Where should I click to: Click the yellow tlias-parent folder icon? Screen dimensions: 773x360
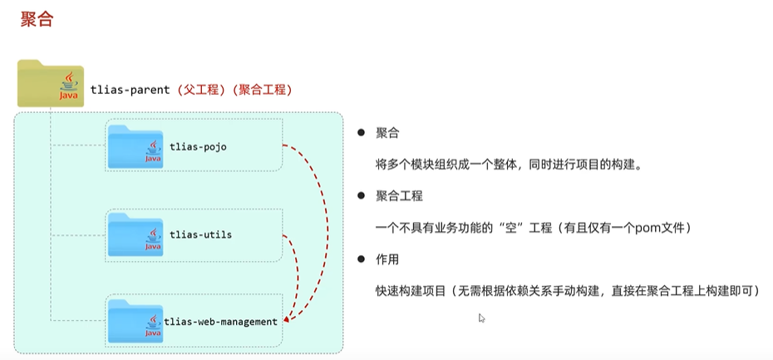pyautogui.click(x=50, y=83)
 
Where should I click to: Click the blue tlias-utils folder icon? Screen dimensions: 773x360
pyautogui.click(x=135, y=234)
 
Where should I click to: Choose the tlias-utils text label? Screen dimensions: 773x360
pyautogui.click(x=199, y=234)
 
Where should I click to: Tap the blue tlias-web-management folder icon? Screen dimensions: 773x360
pyautogui.click(x=135, y=319)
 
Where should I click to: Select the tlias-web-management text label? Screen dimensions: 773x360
pyautogui.click(x=220, y=321)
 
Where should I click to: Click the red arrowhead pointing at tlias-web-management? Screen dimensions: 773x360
pyautogui.click(x=287, y=318)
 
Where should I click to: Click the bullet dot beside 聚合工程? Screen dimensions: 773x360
pyautogui.click(x=361, y=196)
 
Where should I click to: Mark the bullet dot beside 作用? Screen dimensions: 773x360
pyautogui.click(x=361, y=259)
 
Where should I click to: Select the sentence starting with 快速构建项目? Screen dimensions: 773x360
pyautogui.click(x=566, y=291)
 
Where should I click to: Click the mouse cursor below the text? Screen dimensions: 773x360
pyautogui.click(x=481, y=318)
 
